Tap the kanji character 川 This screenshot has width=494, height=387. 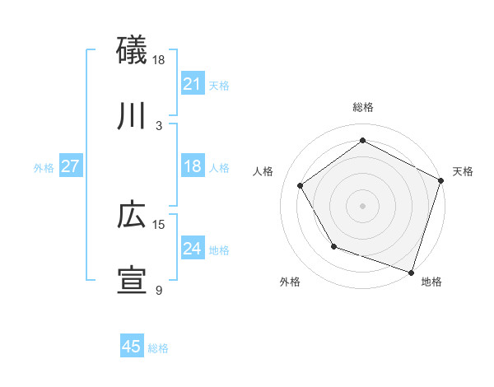[x=132, y=117]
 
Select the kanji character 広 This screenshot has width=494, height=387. [x=132, y=216]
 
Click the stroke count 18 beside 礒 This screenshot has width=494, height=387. [x=159, y=60]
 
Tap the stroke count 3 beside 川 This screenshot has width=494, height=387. [x=159, y=125]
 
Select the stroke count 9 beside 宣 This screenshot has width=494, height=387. [x=159, y=290]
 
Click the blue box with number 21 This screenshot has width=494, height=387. [x=192, y=84]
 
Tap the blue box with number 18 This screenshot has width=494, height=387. [x=192, y=166]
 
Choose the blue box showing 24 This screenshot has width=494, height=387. [x=192, y=249]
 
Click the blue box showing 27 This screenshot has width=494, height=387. [x=70, y=166]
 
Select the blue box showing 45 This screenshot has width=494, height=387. [x=132, y=347]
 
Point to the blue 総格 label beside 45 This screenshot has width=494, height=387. [x=158, y=348]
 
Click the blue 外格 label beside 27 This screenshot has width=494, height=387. [x=44, y=168]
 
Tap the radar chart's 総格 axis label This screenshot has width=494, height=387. [x=363, y=107]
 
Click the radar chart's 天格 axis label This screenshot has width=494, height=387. [x=463, y=171]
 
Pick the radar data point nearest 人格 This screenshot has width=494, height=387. [x=301, y=185]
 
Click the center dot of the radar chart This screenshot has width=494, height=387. [x=363, y=205]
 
